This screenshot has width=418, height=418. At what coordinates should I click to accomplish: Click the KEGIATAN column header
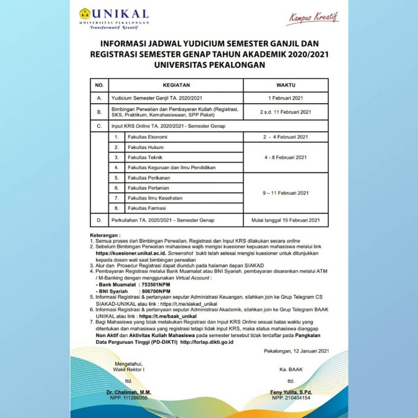176,85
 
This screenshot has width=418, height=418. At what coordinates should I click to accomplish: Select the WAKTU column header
286,85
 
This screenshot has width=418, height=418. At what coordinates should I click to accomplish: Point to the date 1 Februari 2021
285,98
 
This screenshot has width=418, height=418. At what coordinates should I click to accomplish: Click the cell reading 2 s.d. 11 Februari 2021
285,112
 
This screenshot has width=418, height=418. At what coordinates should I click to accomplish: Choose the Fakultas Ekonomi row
147,137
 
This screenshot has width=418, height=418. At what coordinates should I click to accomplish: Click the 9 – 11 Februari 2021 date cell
285,193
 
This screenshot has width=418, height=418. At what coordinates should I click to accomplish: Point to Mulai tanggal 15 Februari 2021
285,220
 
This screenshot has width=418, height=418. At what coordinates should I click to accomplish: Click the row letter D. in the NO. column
99,220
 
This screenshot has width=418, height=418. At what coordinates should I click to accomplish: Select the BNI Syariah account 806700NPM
156,291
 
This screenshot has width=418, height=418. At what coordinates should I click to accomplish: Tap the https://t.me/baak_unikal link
168,316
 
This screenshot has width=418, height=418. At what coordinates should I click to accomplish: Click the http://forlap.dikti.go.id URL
207,342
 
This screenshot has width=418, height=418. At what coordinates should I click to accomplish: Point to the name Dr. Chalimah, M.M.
129,392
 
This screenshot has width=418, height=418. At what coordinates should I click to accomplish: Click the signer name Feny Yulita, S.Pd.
291,392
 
